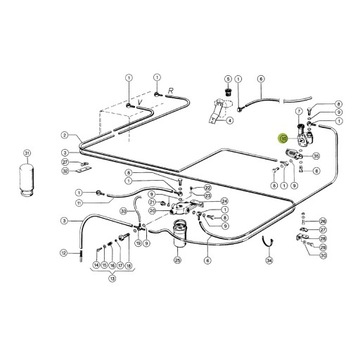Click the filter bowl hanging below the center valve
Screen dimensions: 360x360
[x=178, y=235]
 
